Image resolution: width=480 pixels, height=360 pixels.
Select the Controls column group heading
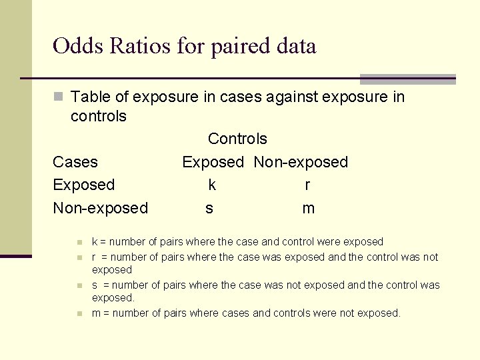[237, 139]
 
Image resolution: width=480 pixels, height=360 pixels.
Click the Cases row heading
[75, 162]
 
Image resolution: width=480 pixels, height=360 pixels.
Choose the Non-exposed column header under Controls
[301, 162]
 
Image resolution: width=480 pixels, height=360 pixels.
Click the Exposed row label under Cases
[84, 185]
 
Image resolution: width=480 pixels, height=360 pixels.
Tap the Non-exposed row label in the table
[101, 208]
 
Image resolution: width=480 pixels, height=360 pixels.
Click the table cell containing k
[212, 185]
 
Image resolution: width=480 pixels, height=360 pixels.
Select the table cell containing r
[307, 185]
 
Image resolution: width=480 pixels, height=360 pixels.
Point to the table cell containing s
[209, 208]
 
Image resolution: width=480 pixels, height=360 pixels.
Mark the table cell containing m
[308, 208]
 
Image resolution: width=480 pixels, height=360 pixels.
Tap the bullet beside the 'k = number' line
[79, 242]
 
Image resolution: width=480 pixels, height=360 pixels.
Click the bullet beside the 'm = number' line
[79, 313]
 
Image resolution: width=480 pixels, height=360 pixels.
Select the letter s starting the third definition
[95, 285]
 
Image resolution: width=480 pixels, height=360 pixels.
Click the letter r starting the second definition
[94, 257]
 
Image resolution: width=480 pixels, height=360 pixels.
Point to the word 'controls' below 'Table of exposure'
[98, 116]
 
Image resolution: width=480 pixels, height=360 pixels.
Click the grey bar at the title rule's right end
[407, 79]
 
